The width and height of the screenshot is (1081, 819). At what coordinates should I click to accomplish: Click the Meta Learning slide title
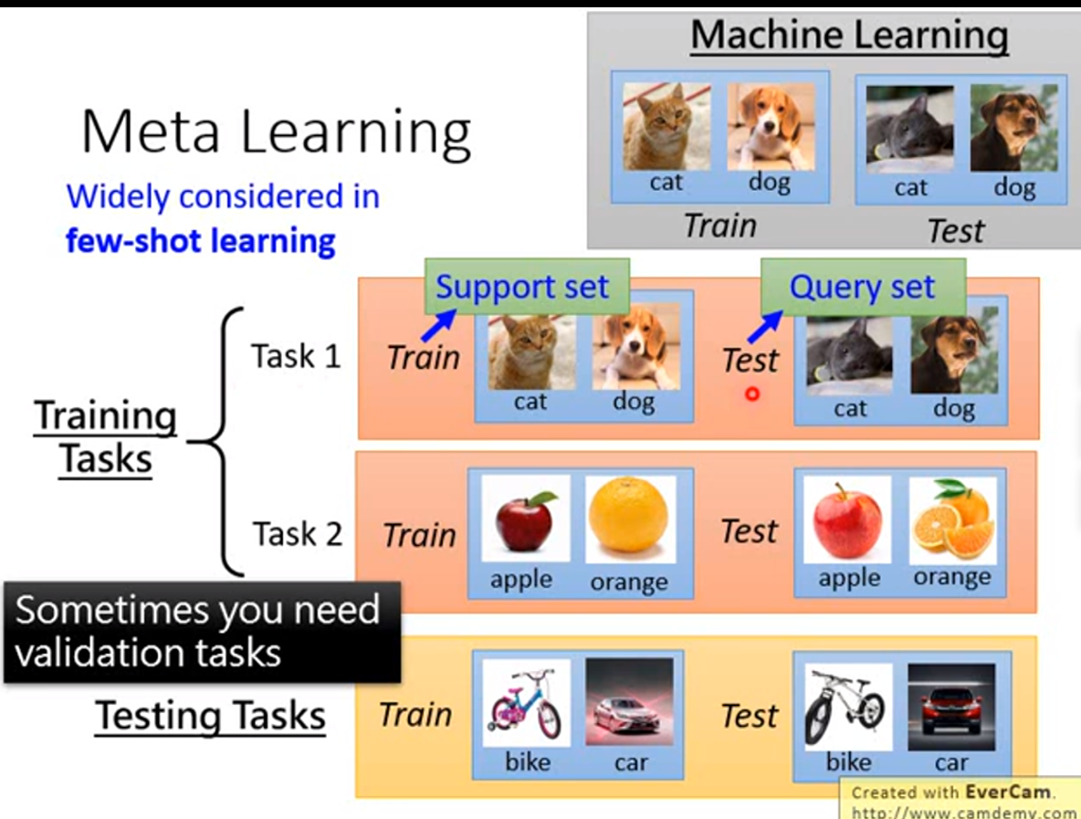[276, 131]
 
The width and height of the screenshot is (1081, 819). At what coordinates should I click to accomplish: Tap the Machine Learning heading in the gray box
[849, 37]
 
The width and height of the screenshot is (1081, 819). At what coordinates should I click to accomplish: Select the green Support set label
[521, 287]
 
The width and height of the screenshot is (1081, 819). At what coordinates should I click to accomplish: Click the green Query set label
[862, 287]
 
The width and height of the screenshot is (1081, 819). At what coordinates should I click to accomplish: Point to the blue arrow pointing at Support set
[439, 324]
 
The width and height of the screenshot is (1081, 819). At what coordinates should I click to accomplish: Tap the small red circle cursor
[752, 394]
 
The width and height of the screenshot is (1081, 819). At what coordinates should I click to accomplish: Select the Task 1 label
[296, 356]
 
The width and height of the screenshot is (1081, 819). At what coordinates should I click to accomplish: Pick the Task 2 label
[297, 532]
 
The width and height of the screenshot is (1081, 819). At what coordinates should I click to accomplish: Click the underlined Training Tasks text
[106, 437]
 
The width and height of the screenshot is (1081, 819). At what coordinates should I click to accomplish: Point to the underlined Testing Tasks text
[211, 716]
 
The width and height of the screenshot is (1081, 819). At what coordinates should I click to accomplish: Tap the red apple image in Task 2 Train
[525, 519]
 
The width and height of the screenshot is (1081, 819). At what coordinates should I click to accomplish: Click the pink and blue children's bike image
[525, 703]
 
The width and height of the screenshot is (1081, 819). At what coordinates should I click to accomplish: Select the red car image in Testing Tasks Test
[950, 701]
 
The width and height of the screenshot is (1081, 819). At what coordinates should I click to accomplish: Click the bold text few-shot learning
[201, 241]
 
